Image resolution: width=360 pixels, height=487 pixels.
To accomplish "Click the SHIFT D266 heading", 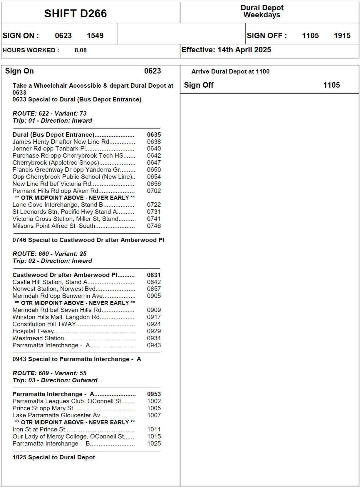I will (76, 14).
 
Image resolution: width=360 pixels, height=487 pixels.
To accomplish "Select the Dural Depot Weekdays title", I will (262, 11).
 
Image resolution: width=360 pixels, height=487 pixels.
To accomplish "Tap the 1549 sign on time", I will (95, 36).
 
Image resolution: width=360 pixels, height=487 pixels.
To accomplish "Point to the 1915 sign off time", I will (342, 36).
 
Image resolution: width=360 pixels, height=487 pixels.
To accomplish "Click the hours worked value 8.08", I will (81, 50).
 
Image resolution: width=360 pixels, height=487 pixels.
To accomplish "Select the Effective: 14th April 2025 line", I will (226, 50).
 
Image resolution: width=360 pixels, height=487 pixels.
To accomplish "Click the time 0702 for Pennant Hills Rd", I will (154, 191).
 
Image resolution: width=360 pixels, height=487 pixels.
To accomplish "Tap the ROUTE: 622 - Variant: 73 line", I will (49, 114).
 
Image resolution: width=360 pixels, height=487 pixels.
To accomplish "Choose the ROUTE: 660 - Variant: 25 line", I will (49, 254).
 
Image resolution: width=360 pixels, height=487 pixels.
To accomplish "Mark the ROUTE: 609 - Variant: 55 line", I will (49, 373).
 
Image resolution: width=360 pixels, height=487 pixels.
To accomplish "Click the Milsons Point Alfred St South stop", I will (54, 226).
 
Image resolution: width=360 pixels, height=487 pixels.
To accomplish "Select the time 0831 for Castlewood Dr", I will (154, 275).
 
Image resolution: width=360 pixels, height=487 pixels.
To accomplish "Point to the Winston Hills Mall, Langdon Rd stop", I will (56, 317).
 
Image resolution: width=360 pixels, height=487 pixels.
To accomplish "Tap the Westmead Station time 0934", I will (154, 338).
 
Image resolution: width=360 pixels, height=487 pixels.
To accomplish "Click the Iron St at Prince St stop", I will (39, 429).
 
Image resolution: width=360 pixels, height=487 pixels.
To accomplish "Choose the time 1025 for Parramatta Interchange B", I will (154, 443).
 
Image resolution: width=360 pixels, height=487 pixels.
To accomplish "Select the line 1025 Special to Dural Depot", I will (54, 457).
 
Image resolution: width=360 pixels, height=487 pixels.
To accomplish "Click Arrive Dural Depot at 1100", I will (230, 71).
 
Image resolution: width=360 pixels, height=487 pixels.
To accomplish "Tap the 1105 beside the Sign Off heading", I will (331, 85).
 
